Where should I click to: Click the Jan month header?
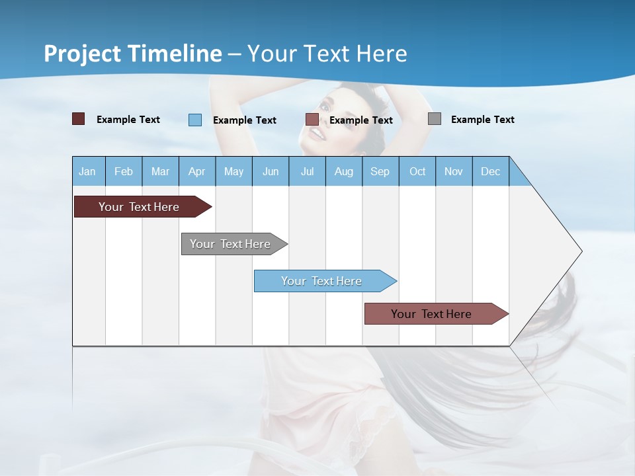pyautogui.click(x=87, y=171)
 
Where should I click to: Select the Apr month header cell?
pyautogui.click(x=196, y=171)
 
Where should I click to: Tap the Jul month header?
pyautogui.click(x=307, y=171)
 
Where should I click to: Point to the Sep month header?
pyautogui.click(x=380, y=171)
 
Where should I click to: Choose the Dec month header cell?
pyautogui.click(x=490, y=171)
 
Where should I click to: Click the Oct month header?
pyautogui.click(x=417, y=171)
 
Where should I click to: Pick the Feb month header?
pyautogui.click(x=124, y=171)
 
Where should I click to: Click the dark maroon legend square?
pyautogui.click(x=78, y=119)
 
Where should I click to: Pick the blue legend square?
pyautogui.click(x=195, y=120)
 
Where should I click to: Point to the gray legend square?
pyautogui.click(x=435, y=119)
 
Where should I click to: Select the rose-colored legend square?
pyautogui.click(x=312, y=120)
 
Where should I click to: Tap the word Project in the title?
pyautogui.click(x=82, y=53)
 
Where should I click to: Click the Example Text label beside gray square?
pyautogui.click(x=482, y=119)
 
